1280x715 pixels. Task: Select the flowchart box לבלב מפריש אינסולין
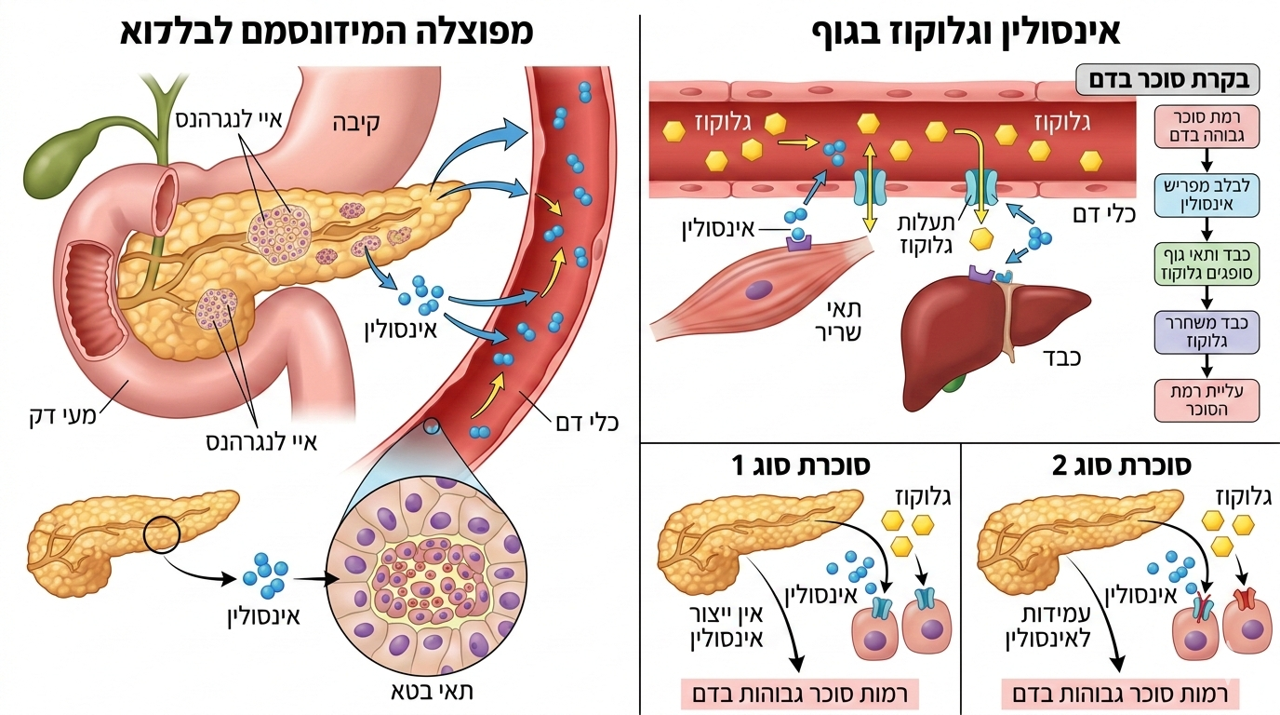pos(1207,195)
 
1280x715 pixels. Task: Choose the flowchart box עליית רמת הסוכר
pos(1207,399)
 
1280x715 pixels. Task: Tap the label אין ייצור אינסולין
pos(728,627)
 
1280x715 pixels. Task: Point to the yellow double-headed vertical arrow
pos(869,187)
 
